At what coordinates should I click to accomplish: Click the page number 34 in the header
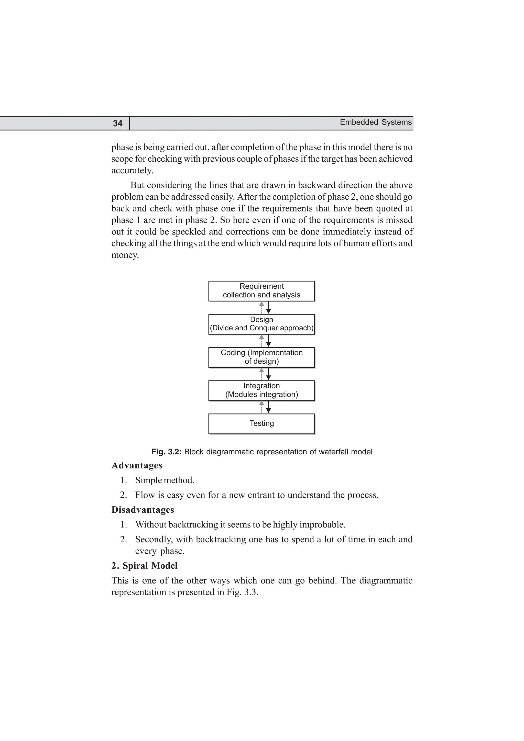click(117, 123)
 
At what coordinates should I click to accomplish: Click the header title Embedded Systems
click(376, 122)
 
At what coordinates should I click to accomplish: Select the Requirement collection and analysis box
click(261, 291)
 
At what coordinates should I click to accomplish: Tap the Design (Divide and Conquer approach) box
click(261, 324)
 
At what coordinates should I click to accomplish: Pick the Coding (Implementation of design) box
click(261, 357)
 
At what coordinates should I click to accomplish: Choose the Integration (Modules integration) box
click(261, 390)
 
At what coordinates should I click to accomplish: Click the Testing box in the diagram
click(261, 423)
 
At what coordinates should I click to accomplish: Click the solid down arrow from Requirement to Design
click(268, 308)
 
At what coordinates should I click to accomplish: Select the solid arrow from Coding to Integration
click(268, 374)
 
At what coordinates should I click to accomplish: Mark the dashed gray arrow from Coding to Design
click(261, 341)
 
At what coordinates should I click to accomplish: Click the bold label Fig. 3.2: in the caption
click(166, 452)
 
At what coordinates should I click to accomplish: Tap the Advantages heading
click(137, 465)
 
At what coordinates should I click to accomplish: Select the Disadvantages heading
click(143, 510)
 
